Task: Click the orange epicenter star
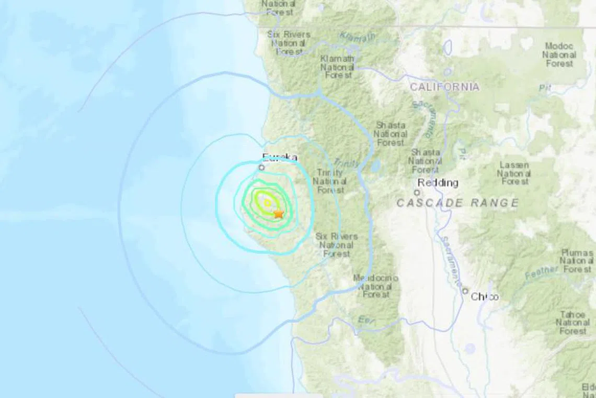click(x=278, y=213)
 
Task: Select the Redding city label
click(x=438, y=183)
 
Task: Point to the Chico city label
click(x=485, y=297)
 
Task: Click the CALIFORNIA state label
click(x=444, y=87)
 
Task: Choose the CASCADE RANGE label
click(x=457, y=203)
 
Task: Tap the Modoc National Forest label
click(x=559, y=54)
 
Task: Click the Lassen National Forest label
click(x=514, y=173)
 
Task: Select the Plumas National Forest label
click(x=577, y=261)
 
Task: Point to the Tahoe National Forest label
click(x=572, y=323)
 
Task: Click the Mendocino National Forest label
click(x=376, y=286)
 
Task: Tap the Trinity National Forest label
click(x=329, y=181)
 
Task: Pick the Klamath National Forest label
click(x=337, y=67)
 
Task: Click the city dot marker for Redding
click(x=417, y=193)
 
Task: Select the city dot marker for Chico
click(x=465, y=291)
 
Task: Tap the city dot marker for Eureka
click(x=262, y=168)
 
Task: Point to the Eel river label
click(x=364, y=319)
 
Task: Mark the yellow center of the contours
click(x=267, y=203)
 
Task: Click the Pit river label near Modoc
click(x=545, y=88)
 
